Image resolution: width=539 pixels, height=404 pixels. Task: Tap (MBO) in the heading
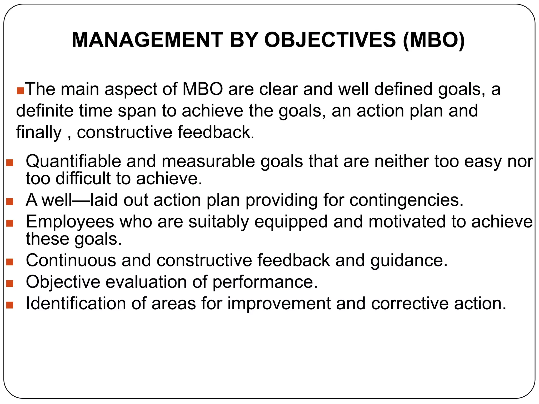pos(434,40)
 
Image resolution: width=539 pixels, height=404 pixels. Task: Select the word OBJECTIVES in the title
pos(330,40)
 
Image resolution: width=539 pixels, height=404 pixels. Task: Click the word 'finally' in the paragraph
pos(39,132)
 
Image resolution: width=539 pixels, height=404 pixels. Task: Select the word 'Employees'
pos(70,222)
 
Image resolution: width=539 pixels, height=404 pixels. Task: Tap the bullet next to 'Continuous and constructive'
pos(10,262)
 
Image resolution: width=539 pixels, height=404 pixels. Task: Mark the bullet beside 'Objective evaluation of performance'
pos(10,284)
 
